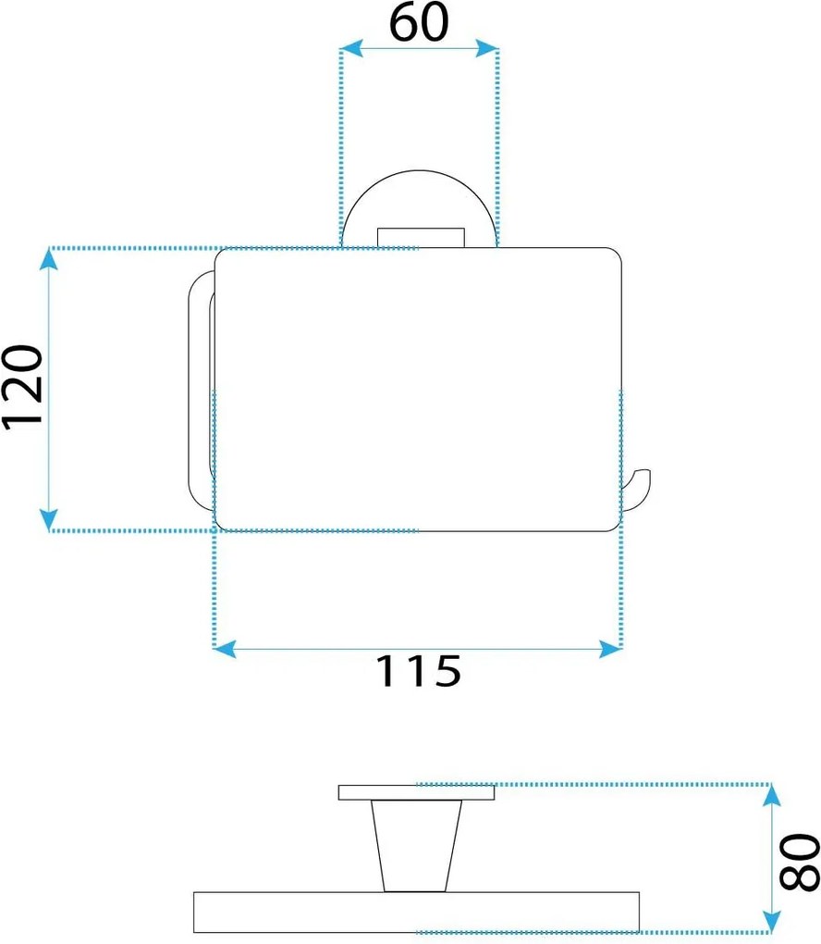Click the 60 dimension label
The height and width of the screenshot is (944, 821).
(x=419, y=22)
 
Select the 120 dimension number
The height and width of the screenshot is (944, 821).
(x=23, y=388)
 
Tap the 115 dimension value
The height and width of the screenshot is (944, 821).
(x=419, y=671)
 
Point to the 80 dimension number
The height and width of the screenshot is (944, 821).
(x=800, y=862)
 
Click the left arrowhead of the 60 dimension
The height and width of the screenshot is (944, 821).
(x=351, y=48)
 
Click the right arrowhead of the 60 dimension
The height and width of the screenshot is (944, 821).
(x=486, y=48)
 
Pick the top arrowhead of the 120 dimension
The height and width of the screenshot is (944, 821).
(x=49, y=259)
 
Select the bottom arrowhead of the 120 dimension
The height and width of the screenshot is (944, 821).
(x=49, y=519)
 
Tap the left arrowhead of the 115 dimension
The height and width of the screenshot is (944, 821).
(x=225, y=649)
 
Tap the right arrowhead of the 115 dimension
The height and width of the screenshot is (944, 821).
(x=610, y=649)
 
